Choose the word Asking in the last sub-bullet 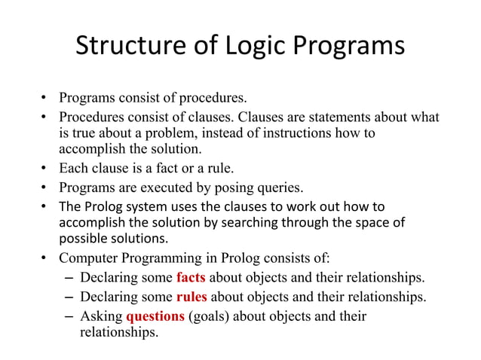(101, 316)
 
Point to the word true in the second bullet (82, 134)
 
